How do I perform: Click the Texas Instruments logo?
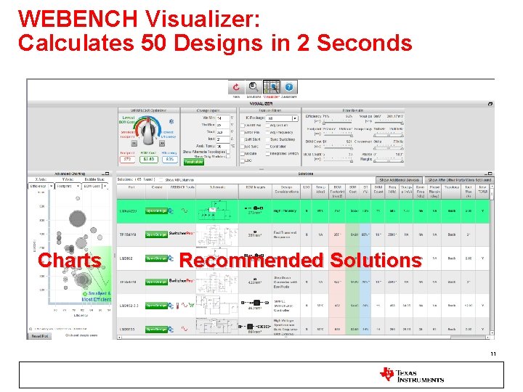coord(411,375)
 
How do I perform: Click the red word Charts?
coord(69,260)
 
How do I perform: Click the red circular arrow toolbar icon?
coord(236,86)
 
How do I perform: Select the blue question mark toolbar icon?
coord(288,86)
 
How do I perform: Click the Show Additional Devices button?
coord(399,179)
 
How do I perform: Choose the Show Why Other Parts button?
coord(459,179)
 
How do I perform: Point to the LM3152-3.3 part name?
coord(129,306)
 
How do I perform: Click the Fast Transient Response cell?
coord(283,234)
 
